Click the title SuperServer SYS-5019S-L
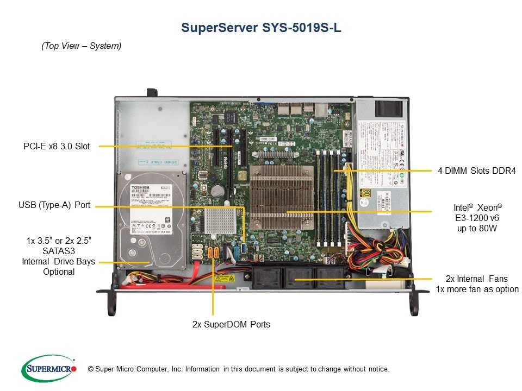261,28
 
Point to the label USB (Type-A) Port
54,205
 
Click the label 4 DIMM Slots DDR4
476,171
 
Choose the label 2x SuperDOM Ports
231,324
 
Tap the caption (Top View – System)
82,46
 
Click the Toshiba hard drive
152,217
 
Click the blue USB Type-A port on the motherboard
244,249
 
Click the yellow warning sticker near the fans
225,278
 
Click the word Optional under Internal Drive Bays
59,272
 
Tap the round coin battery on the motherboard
219,191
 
